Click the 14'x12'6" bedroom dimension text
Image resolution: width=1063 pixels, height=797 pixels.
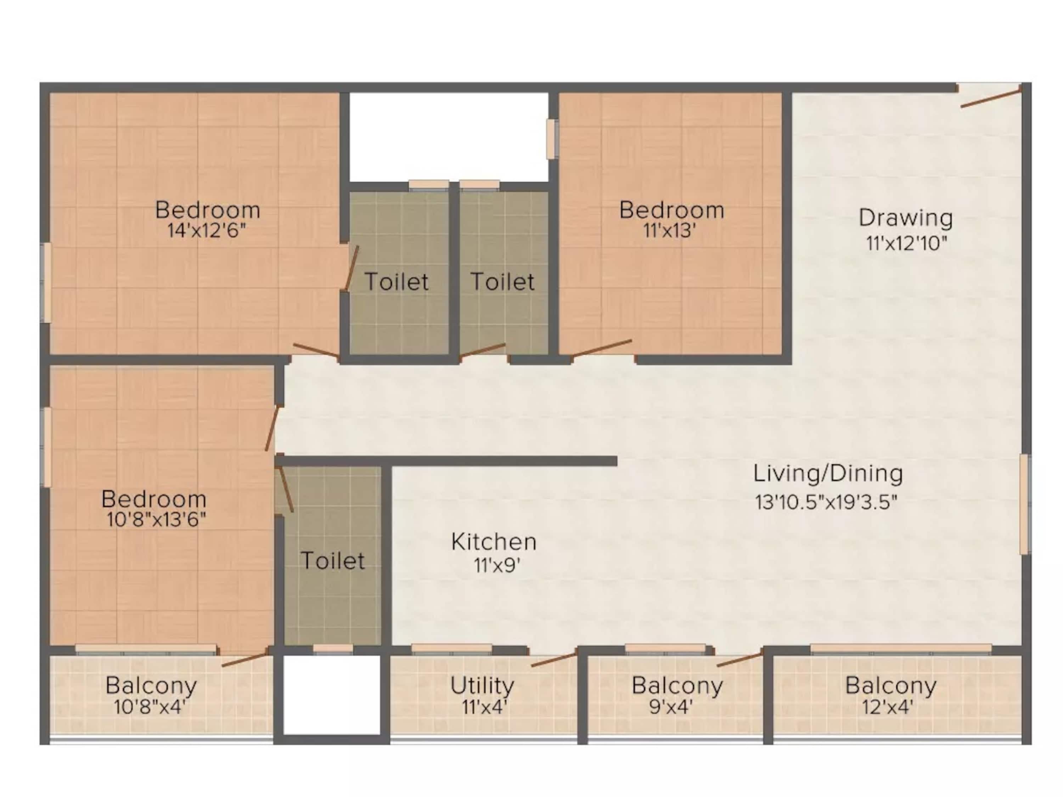pyautogui.click(x=206, y=231)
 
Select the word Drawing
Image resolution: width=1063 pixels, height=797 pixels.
pyautogui.click(x=905, y=218)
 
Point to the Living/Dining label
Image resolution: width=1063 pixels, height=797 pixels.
pyautogui.click(x=827, y=473)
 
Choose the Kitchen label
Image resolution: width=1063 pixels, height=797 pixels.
pyautogui.click(x=494, y=542)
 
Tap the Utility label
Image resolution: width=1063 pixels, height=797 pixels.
pyautogui.click(x=482, y=685)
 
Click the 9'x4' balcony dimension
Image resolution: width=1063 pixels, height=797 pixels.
pyautogui.click(x=671, y=707)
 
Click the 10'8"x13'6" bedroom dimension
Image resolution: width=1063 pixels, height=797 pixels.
pyautogui.click(x=156, y=519)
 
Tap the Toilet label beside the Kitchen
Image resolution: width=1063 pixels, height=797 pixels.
pyautogui.click(x=333, y=561)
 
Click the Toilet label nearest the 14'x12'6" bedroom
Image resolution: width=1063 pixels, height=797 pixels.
pyautogui.click(x=396, y=282)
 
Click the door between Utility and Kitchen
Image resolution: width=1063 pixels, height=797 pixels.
pyautogui.click(x=553, y=660)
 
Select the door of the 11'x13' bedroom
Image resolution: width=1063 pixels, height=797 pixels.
pyautogui.click(x=602, y=348)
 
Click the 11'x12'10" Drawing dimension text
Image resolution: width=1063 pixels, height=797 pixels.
pyautogui.click(x=906, y=244)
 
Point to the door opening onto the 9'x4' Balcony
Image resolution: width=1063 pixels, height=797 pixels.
pyautogui.click(x=739, y=659)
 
